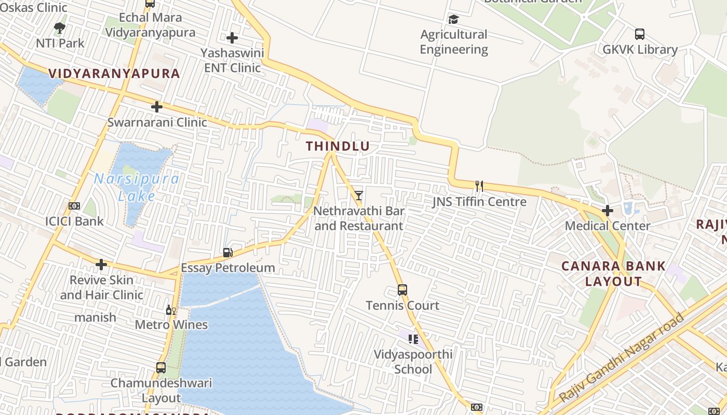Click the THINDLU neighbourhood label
click(338, 146)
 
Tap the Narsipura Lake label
click(137, 187)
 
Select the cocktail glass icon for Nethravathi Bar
click(358, 195)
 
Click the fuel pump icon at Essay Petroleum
click(227, 253)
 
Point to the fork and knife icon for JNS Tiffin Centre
click(479, 186)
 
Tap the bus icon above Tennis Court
click(402, 290)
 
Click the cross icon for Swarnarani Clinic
click(157, 107)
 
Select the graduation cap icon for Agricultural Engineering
click(454, 20)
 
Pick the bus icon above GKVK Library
click(640, 34)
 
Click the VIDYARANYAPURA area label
click(114, 73)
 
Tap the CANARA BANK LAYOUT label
click(613, 274)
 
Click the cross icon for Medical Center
click(608, 211)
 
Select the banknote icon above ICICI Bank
click(74, 206)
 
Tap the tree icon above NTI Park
click(60, 27)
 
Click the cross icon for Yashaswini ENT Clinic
click(232, 37)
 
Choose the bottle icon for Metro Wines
click(170, 310)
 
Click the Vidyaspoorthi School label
click(413, 362)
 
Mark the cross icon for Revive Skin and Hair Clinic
click(101, 265)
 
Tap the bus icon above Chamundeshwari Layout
click(161, 368)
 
